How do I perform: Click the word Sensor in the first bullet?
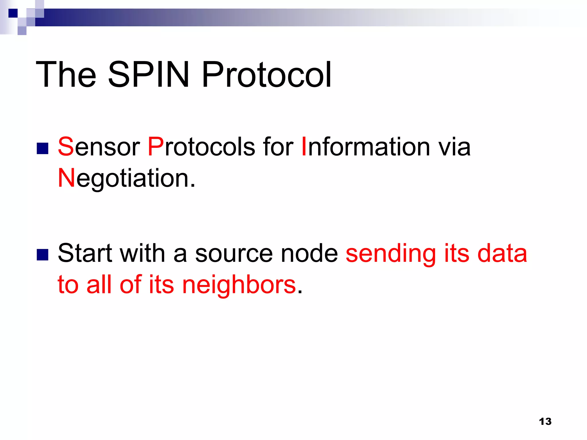pyautogui.click(x=99, y=147)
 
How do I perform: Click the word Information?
pyautogui.click(x=366, y=147)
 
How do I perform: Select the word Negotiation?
pyautogui.click(x=126, y=178)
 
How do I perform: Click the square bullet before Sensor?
pyautogui.click(x=42, y=148)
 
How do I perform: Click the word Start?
pyautogui.click(x=85, y=253)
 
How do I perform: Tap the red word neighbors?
pyautogui.click(x=239, y=285)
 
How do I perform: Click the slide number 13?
pyautogui.click(x=545, y=422)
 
